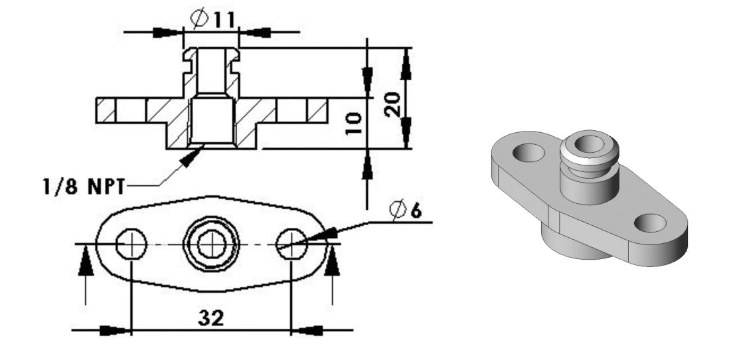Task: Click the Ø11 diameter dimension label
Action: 212,19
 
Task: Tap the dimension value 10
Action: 355,124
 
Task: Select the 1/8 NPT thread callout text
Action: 79,187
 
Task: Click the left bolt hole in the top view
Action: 131,244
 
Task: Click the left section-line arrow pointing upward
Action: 85,263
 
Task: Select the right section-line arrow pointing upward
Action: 333,263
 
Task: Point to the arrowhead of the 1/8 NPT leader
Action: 190,157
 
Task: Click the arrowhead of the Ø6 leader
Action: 316,234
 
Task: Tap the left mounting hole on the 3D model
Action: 528,152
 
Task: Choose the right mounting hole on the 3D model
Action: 650,223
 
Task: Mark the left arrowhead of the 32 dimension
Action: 116,329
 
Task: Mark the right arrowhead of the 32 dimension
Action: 307,329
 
